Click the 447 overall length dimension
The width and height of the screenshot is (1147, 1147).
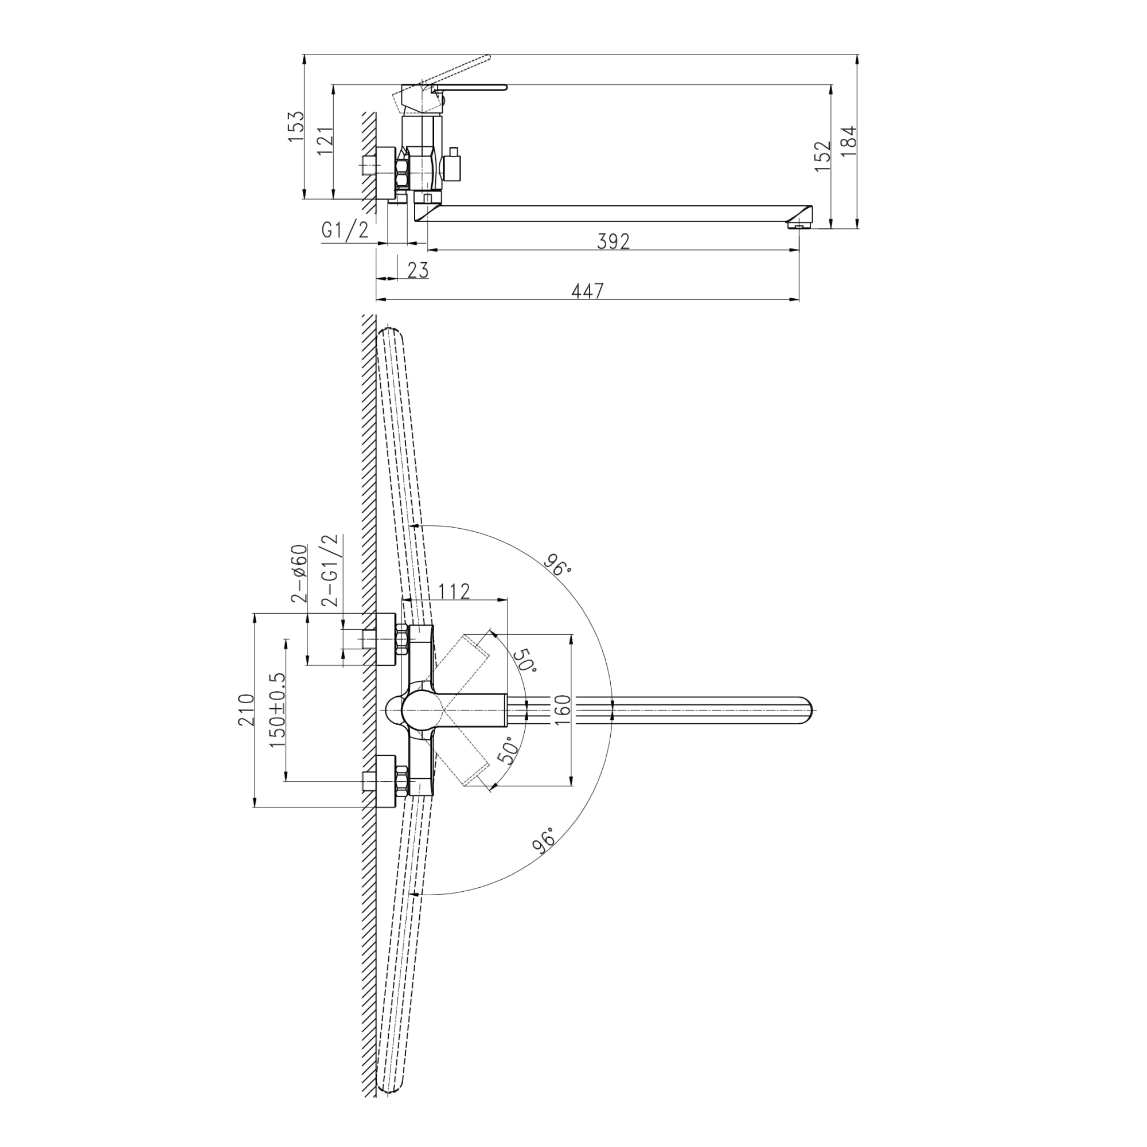click(x=587, y=291)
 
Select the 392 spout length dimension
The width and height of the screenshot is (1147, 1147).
click(x=612, y=241)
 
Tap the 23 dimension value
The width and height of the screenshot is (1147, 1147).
click(x=418, y=270)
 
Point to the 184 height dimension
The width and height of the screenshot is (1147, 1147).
click(x=848, y=141)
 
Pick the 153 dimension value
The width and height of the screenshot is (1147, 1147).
click(x=296, y=126)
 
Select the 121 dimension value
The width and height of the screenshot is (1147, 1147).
click(x=325, y=141)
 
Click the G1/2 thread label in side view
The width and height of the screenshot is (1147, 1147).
click(x=345, y=230)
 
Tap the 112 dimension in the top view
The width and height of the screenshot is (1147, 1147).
click(x=454, y=591)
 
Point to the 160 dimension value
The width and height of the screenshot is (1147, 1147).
click(x=561, y=709)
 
